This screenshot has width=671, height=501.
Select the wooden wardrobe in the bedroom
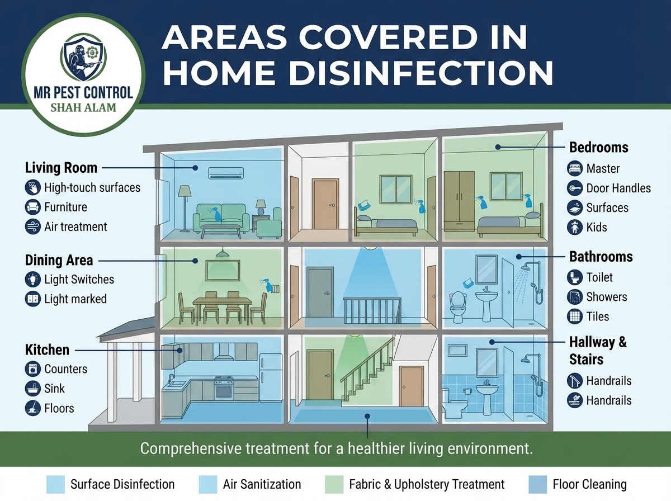pos(459,201)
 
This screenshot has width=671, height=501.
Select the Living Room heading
pos(61,168)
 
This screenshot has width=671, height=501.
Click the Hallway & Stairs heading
pos(598,350)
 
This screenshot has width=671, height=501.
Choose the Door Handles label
pos(618,188)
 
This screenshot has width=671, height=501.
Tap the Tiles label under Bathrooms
pos(598,316)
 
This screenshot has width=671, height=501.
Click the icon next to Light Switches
pos(33,280)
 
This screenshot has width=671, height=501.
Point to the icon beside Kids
pos(575,228)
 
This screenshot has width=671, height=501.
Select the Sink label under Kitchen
pos(54,389)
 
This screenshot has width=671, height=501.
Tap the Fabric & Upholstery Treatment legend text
pos(427,484)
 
